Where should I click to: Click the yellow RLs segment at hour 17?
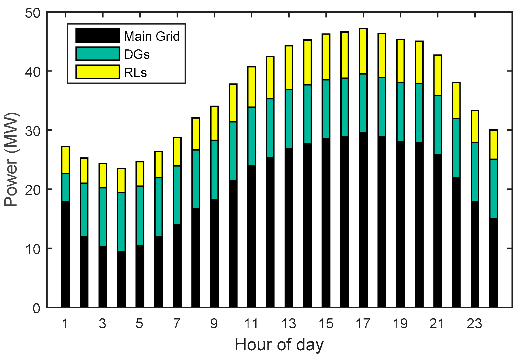363,51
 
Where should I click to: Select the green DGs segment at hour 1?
65,188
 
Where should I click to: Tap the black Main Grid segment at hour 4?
121,279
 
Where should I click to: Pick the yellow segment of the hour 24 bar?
493,145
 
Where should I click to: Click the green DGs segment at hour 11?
251,136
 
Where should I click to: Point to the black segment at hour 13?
289,227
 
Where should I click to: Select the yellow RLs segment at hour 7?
177,151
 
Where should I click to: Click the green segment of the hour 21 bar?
438,125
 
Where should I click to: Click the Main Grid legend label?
152,36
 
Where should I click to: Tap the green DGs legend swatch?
98,54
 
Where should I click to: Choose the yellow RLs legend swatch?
98,72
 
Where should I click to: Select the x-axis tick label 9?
214,324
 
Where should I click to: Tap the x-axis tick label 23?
474,324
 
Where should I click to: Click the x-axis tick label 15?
326,324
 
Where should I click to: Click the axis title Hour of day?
279,345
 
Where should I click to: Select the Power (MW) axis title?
11,160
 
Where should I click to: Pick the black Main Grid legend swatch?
98,35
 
